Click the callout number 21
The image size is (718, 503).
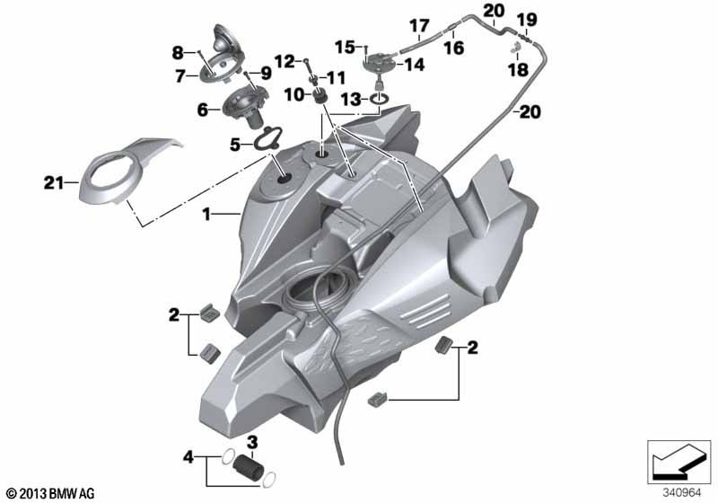point(54,183)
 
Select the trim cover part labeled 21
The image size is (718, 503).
point(128,167)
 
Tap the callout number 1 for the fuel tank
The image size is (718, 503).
point(206,214)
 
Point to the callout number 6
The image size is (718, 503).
point(203,110)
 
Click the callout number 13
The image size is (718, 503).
point(351,99)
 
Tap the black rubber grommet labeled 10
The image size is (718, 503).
point(319,96)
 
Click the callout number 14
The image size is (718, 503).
point(414,65)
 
